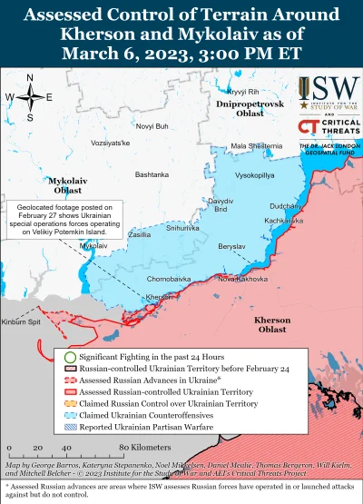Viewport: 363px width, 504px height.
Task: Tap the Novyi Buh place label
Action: click(x=152, y=125)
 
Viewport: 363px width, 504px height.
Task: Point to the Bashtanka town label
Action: click(x=152, y=174)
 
